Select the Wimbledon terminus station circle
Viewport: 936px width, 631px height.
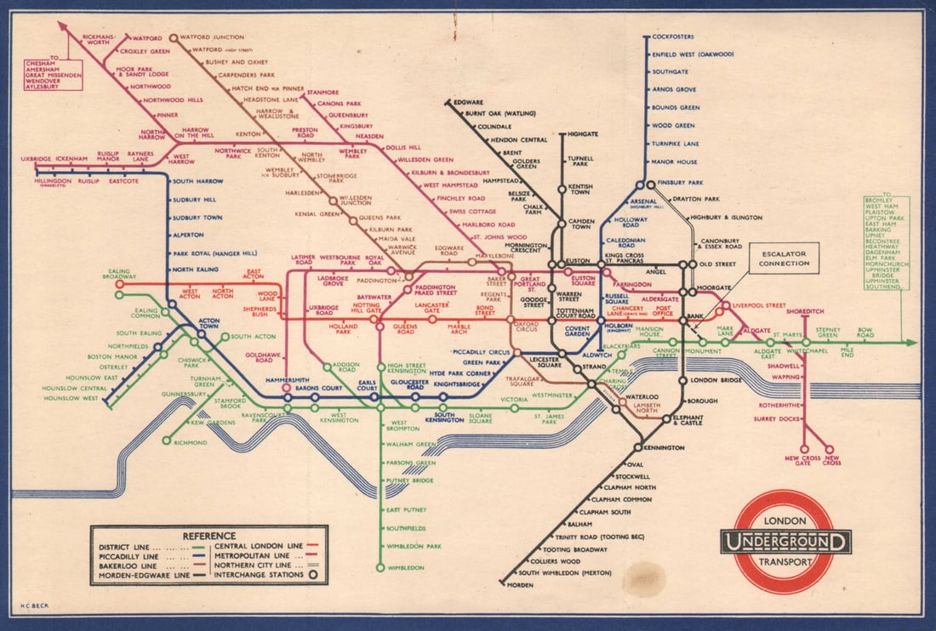[380, 567]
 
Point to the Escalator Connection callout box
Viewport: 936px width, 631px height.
[785, 258]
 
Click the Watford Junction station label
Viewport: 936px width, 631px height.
[213, 37]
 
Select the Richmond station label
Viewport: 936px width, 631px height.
[191, 443]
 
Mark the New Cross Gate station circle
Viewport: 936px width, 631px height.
[804, 449]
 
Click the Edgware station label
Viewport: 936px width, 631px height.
[468, 102]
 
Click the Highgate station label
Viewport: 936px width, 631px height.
[583, 134]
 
